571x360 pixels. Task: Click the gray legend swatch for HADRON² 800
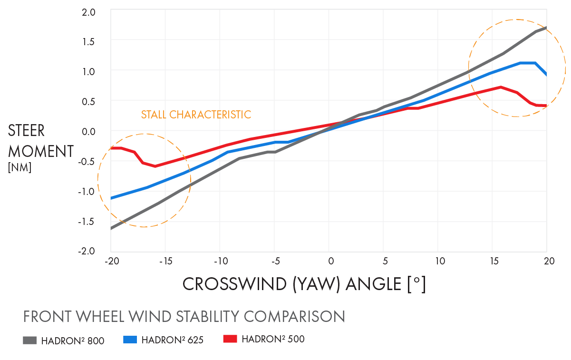[29, 340]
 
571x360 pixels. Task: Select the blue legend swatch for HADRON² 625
[130, 340]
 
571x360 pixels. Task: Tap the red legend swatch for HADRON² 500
[230, 339]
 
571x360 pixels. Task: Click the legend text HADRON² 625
[172, 341]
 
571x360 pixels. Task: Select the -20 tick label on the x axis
[111, 261]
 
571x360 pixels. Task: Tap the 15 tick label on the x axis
[494, 261]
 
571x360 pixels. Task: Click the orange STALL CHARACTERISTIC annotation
[196, 115]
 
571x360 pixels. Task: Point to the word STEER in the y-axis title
[27, 131]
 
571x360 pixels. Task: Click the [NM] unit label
[19, 167]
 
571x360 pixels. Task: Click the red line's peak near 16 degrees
[501, 87]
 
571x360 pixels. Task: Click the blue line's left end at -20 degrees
[111, 198]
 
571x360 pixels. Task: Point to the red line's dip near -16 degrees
[155, 166]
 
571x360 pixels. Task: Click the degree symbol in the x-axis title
[417, 281]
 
